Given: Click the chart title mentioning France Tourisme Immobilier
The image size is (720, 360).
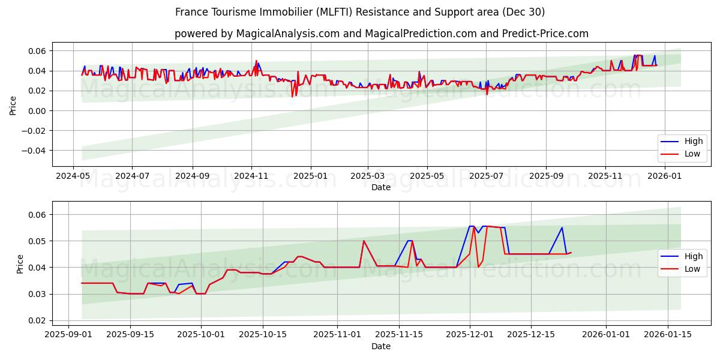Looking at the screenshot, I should pyautogui.click(x=360, y=12).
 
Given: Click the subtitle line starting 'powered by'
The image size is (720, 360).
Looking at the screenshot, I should pyautogui.click(x=381, y=34).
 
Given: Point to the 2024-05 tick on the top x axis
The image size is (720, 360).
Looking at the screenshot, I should pyautogui.click(x=73, y=176).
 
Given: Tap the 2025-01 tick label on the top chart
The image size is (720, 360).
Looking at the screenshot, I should pyautogui.click(x=310, y=176).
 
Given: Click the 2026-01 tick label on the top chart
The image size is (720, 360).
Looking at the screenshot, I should pyautogui.click(x=665, y=176).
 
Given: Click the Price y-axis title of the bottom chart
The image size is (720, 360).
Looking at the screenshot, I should pyautogui.click(x=20, y=263).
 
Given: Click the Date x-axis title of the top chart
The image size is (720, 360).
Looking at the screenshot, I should pyautogui.click(x=381, y=187).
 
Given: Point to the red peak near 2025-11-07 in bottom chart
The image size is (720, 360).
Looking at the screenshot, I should pyautogui.click(x=364, y=241).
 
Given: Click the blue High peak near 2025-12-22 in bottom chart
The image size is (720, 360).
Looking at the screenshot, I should pyautogui.click(x=562, y=227).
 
